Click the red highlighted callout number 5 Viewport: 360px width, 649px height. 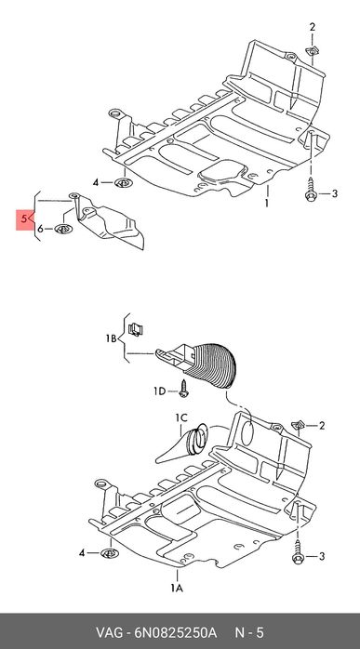[24, 219]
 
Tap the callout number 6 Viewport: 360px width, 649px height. [40, 229]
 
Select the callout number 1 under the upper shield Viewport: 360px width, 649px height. [267, 204]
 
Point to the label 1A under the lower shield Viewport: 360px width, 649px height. [178, 588]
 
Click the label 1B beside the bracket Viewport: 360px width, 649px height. [111, 338]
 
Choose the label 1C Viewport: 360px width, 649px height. [181, 418]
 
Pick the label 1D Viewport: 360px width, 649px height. [160, 391]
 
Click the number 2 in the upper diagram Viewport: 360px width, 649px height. [313, 27]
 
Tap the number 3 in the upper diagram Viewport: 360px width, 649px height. [335, 193]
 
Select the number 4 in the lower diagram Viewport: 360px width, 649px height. [82, 552]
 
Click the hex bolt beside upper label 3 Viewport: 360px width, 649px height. [311, 190]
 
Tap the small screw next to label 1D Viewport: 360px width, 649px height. [183, 389]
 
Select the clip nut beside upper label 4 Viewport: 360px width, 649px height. [123, 181]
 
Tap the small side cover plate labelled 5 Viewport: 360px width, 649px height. [109, 221]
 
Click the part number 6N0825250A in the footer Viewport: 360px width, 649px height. [175, 633]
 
